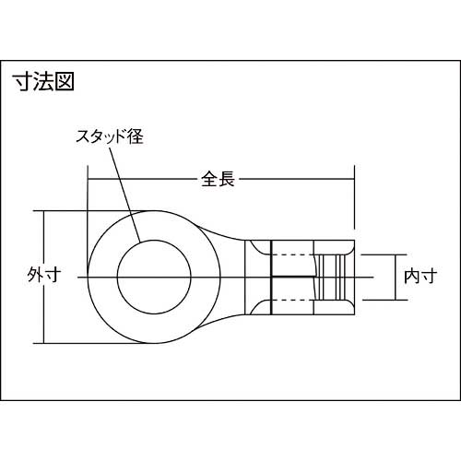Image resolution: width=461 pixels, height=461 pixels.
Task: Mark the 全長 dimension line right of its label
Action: click(295, 179)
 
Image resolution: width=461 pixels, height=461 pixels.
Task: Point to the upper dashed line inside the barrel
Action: click(295, 254)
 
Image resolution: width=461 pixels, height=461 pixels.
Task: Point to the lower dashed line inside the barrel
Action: click(295, 300)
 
